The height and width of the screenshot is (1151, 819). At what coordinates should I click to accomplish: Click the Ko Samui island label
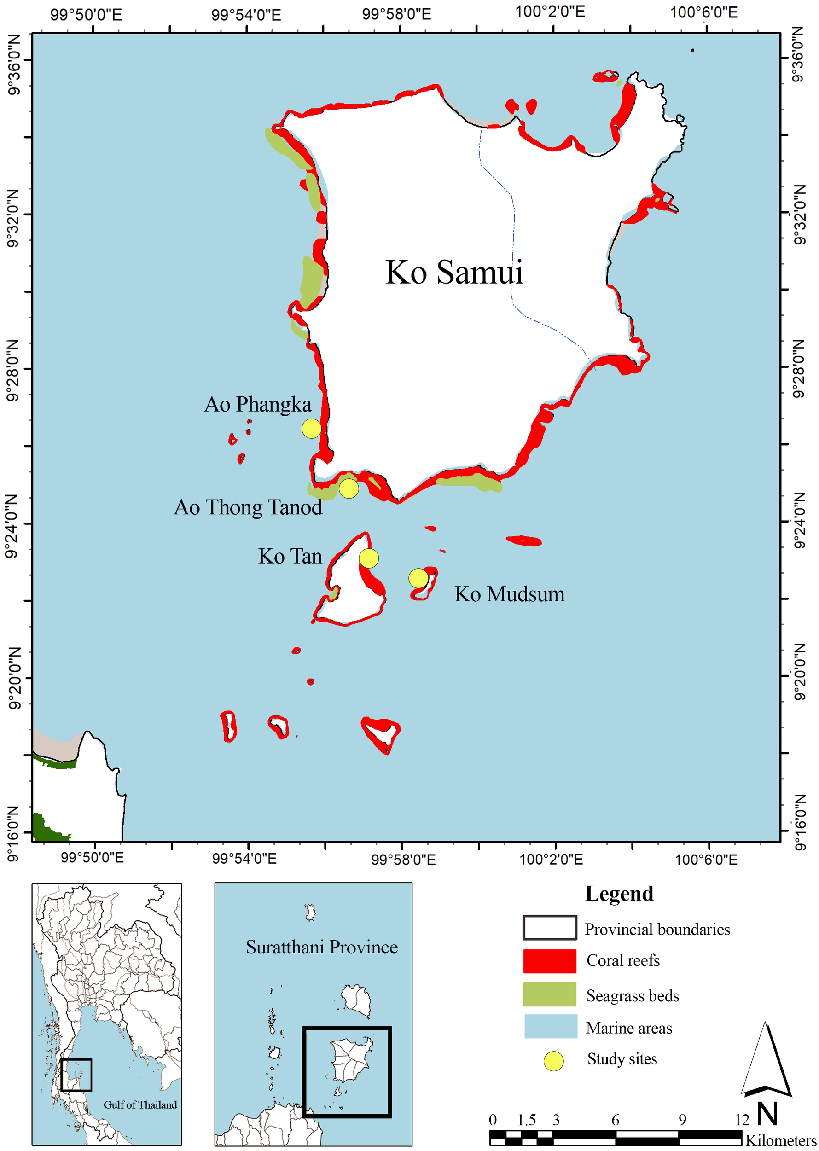454,273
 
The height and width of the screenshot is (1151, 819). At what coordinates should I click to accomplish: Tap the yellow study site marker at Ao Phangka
311,428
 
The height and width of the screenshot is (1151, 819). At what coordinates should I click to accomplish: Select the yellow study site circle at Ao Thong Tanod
349,488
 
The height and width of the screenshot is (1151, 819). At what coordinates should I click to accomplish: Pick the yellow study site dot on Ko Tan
369,558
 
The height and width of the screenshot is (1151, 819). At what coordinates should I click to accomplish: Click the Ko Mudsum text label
509,594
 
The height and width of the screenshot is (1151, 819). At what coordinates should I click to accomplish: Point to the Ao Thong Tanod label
248,507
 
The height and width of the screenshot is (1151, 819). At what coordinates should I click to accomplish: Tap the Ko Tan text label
290,556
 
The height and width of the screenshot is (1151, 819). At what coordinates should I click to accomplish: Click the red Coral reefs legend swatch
549,961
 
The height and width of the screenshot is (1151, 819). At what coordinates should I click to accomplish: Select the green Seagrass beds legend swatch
549,994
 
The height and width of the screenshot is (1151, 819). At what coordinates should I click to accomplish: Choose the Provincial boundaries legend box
549,928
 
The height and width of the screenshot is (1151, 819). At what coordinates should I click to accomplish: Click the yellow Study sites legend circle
553,1061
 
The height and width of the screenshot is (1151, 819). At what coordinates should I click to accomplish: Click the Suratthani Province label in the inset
321,947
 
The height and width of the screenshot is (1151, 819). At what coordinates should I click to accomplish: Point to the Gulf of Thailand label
140,1104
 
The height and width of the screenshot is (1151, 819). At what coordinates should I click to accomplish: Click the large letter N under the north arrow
767,1114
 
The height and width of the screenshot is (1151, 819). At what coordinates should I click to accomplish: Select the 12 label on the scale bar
742,1120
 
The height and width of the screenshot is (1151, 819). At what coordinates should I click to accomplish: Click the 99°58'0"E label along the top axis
396,14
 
